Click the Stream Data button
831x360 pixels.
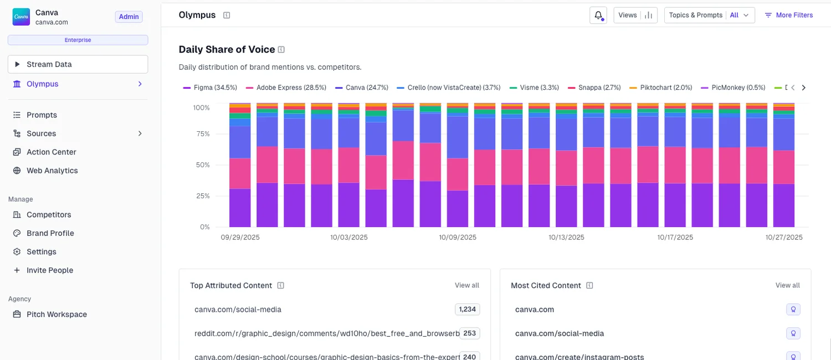(78, 64)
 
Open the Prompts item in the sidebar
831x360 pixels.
(42, 115)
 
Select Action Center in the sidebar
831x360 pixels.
(51, 152)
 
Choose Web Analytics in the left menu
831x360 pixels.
(52, 171)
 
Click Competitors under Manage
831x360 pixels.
(49, 215)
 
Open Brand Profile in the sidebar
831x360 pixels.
(50, 233)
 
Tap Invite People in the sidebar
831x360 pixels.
(50, 270)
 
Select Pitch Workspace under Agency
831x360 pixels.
(57, 315)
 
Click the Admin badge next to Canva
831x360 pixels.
(129, 17)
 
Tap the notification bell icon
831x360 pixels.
(598, 16)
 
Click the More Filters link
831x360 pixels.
(789, 16)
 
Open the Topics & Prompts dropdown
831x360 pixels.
(709, 16)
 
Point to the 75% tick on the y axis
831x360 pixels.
(202, 133)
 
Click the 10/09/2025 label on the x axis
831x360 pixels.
(458, 237)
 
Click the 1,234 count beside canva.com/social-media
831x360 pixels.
(468, 309)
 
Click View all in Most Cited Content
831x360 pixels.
(787, 285)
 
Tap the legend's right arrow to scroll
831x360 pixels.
(804, 88)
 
